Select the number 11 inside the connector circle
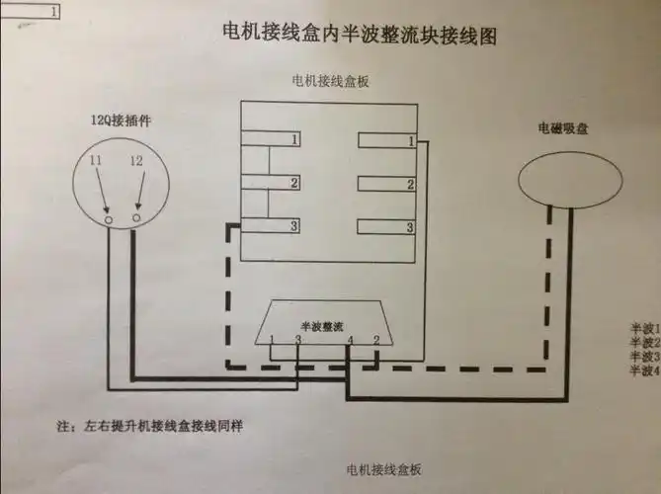(96, 160)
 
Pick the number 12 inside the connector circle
(135, 160)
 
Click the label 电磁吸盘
(562, 128)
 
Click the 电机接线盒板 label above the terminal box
(330, 80)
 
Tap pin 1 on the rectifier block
(272, 341)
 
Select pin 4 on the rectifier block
(351, 341)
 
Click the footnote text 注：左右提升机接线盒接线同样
(150, 427)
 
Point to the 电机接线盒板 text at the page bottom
(384, 467)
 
